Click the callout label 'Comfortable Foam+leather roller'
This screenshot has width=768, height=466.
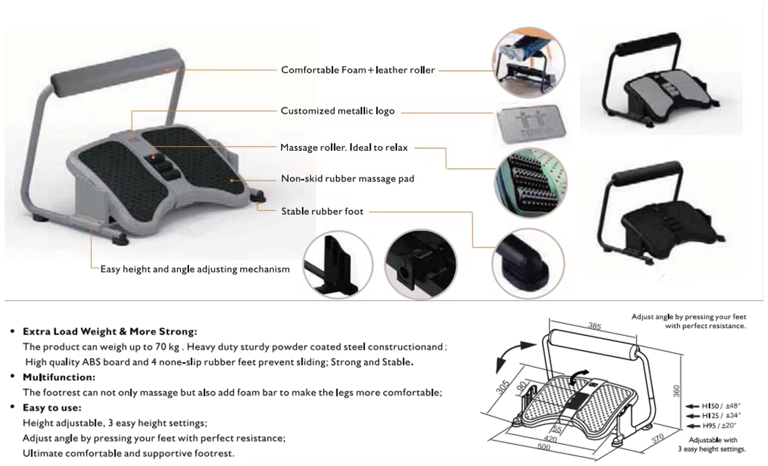point(357,70)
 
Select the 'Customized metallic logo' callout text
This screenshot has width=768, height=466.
point(337,111)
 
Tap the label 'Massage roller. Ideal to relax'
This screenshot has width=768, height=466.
point(344,147)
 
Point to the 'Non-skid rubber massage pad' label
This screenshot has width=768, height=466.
point(347,178)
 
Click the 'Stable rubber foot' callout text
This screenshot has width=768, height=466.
point(322,212)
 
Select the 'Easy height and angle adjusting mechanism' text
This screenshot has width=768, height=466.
point(195,269)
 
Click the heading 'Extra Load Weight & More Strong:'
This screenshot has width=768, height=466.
point(110,332)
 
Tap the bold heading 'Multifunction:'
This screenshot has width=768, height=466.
point(59,377)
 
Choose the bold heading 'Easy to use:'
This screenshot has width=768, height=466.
point(52,408)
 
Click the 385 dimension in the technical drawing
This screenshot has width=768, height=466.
point(595,326)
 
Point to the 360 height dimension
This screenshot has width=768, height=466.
point(676,391)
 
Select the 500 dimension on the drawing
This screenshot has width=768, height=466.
point(544,447)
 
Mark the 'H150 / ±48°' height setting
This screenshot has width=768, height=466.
point(721,406)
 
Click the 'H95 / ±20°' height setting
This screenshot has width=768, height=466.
point(719,426)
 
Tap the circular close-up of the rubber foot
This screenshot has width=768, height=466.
point(528,264)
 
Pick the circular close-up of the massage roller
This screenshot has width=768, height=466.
point(531,183)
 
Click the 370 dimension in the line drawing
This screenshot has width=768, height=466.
point(657,438)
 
